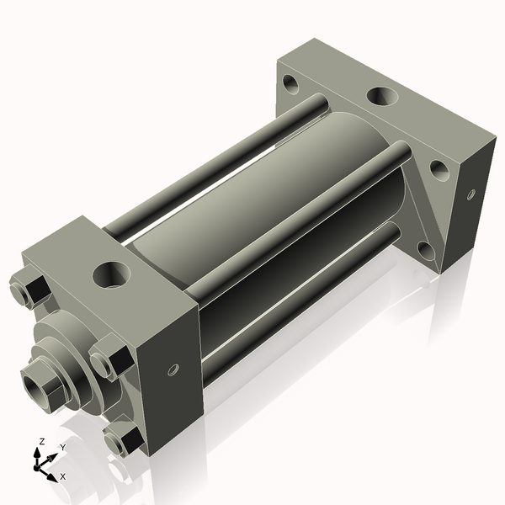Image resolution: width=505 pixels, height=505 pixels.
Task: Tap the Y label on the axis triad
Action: [62, 448]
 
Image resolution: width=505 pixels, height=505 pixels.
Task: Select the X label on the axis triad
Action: [63, 476]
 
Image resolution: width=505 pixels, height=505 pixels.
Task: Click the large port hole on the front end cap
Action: [111, 273]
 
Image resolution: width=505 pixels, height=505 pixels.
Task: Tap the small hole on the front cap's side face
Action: [173, 369]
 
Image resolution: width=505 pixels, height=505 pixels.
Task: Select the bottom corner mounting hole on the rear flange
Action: [424, 250]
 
